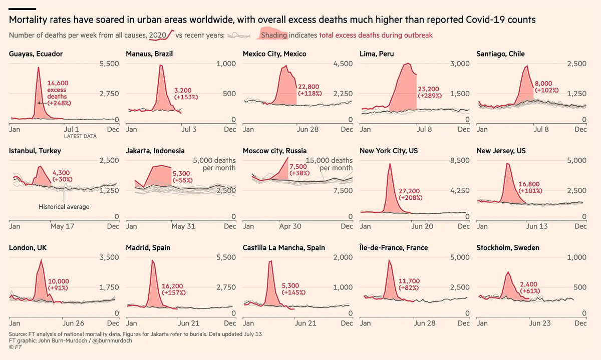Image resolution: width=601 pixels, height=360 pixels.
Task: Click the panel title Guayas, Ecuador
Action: click(x=36, y=54)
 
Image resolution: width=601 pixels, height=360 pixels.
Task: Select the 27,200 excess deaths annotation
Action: click(x=410, y=190)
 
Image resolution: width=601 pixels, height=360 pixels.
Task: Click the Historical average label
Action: click(x=64, y=206)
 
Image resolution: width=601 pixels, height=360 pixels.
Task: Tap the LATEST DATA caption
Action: click(x=80, y=136)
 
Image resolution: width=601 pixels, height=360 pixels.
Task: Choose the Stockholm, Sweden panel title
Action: click(x=509, y=248)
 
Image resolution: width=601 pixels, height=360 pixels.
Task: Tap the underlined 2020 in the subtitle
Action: click(x=158, y=35)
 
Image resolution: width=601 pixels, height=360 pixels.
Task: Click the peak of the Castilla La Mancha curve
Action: click(x=270, y=261)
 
